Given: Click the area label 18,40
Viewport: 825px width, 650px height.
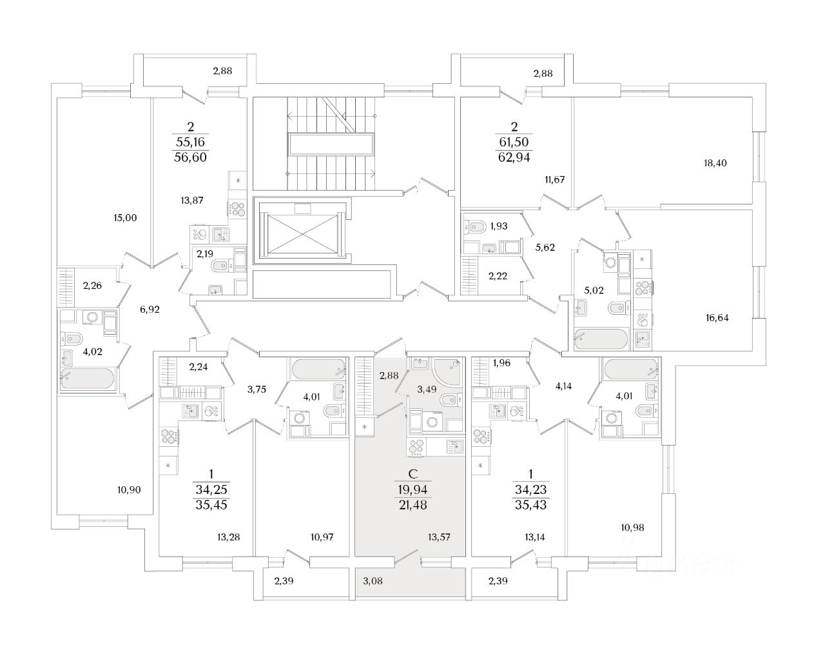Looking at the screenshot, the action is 715,163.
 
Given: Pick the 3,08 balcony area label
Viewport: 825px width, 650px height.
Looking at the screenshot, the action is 373,582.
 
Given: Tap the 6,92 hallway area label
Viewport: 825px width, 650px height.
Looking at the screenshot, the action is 150,310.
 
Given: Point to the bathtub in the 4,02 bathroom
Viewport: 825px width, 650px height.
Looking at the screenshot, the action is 88,378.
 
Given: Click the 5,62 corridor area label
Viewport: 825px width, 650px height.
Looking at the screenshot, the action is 545,246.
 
